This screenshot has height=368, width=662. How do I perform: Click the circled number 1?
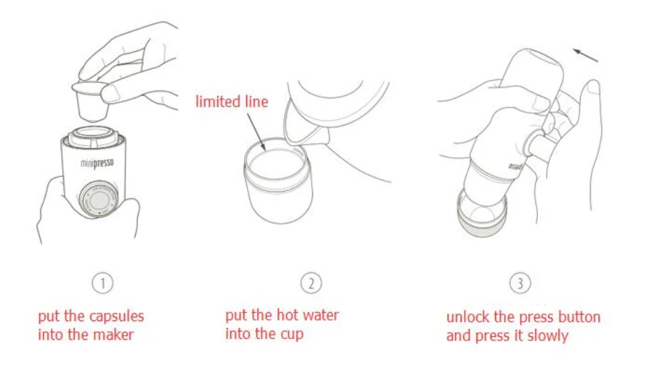[x=103, y=283]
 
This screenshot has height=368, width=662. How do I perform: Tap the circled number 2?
[x=311, y=283]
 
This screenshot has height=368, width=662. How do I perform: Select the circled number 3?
[x=520, y=283]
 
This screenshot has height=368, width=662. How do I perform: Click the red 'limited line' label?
[x=232, y=102]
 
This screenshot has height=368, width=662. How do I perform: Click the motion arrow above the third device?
[x=585, y=55]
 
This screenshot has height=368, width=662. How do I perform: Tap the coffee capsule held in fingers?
[x=90, y=101]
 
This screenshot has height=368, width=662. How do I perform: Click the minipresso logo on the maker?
[x=97, y=163]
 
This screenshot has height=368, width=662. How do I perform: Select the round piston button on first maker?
[x=99, y=199]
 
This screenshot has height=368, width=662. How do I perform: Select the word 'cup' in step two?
[x=292, y=335]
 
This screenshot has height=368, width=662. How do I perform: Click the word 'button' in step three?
[x=579, y=317]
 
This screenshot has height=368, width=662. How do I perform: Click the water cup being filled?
[x=278, y=181]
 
